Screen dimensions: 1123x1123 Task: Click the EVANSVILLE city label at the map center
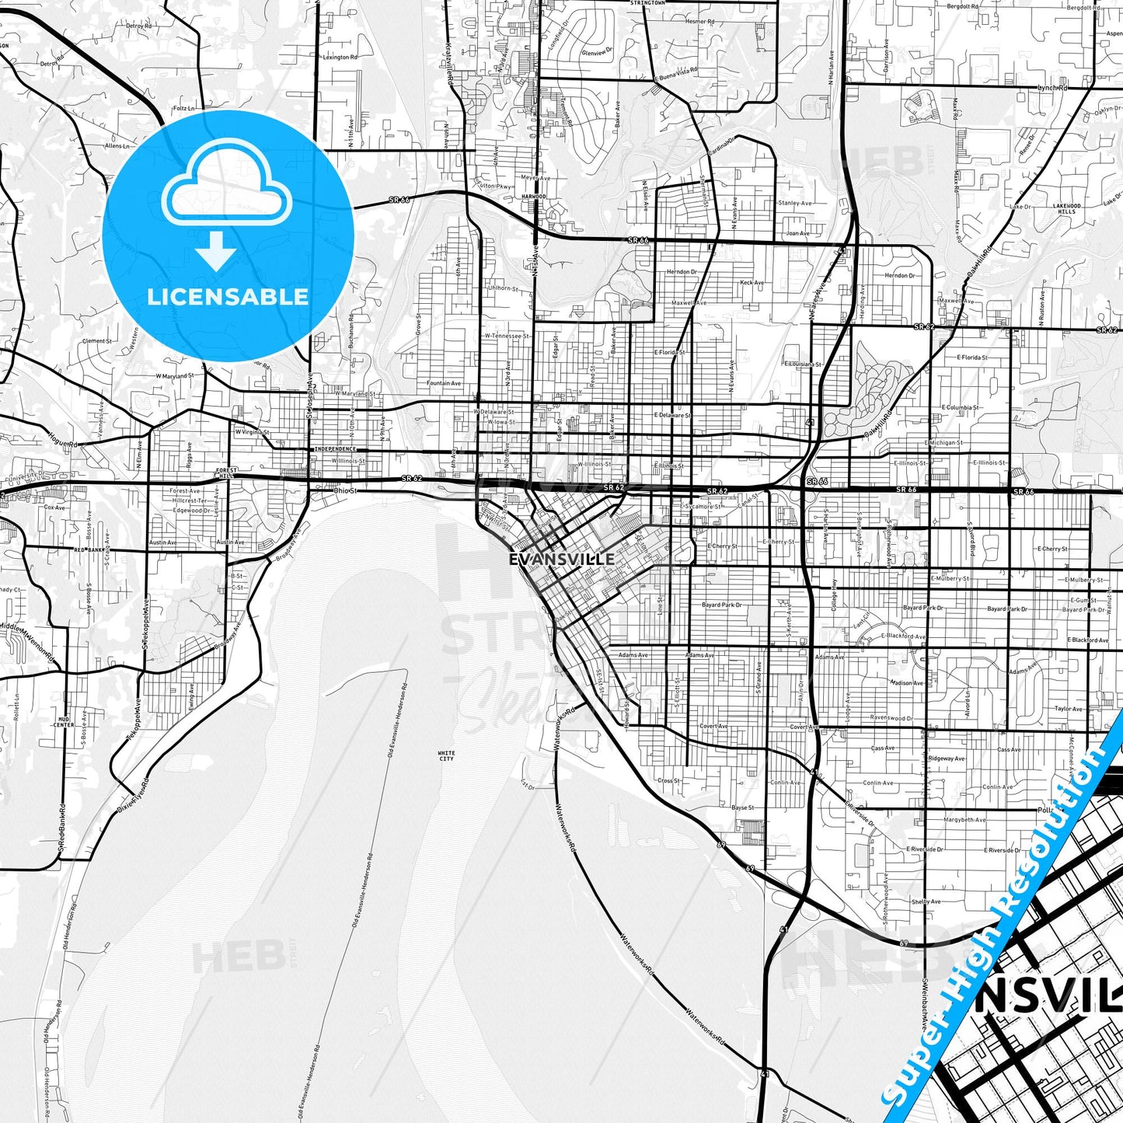(561, 559)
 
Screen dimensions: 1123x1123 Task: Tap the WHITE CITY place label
(446, 755)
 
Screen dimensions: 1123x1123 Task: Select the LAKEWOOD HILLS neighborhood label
(1067, 208)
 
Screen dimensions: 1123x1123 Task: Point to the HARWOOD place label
(534, 197)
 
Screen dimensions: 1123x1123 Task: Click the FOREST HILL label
(226, 473)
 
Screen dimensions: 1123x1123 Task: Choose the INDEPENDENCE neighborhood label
(335, 449)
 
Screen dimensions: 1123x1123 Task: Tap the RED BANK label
(89, 549)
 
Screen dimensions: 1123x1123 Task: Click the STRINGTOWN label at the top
(648, 3)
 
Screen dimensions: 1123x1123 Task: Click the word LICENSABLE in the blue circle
(228, 297)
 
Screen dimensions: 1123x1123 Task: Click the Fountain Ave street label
(444, 383)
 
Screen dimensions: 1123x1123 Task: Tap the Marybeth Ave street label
(964, 820)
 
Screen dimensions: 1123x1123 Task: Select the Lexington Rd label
(340, 57)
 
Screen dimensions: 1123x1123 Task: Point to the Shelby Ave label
(926, 902)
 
